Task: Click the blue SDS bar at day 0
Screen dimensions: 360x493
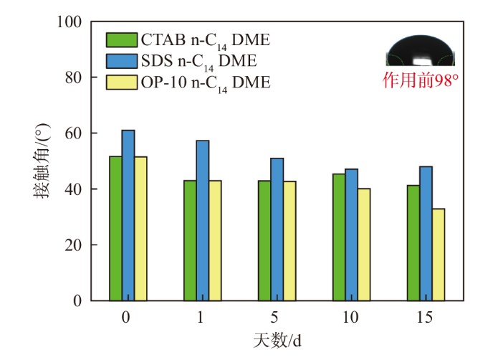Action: point(128,215)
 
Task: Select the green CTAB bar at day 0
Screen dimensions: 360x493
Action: point(115,228)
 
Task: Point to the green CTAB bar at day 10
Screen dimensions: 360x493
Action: point(340,237)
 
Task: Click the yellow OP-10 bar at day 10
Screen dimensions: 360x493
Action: point(363,244)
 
